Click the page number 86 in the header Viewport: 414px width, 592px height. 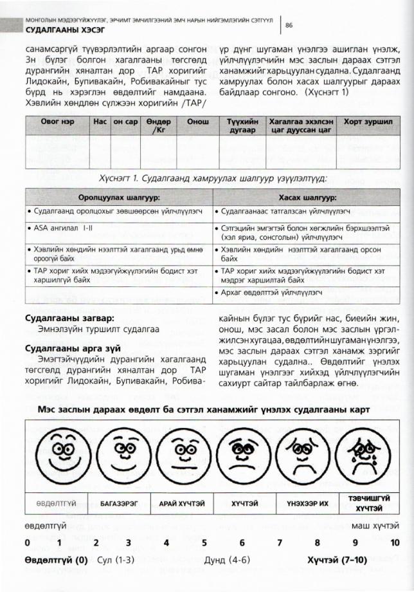pyautogui.click(x=289, y=25)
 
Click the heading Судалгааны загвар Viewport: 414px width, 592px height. pyautogui.click(x=61, y=319)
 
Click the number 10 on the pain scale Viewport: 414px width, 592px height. pyautogui.click(x=394, y=542)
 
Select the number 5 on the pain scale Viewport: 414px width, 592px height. pyautogui.click(x=204, y=542)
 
